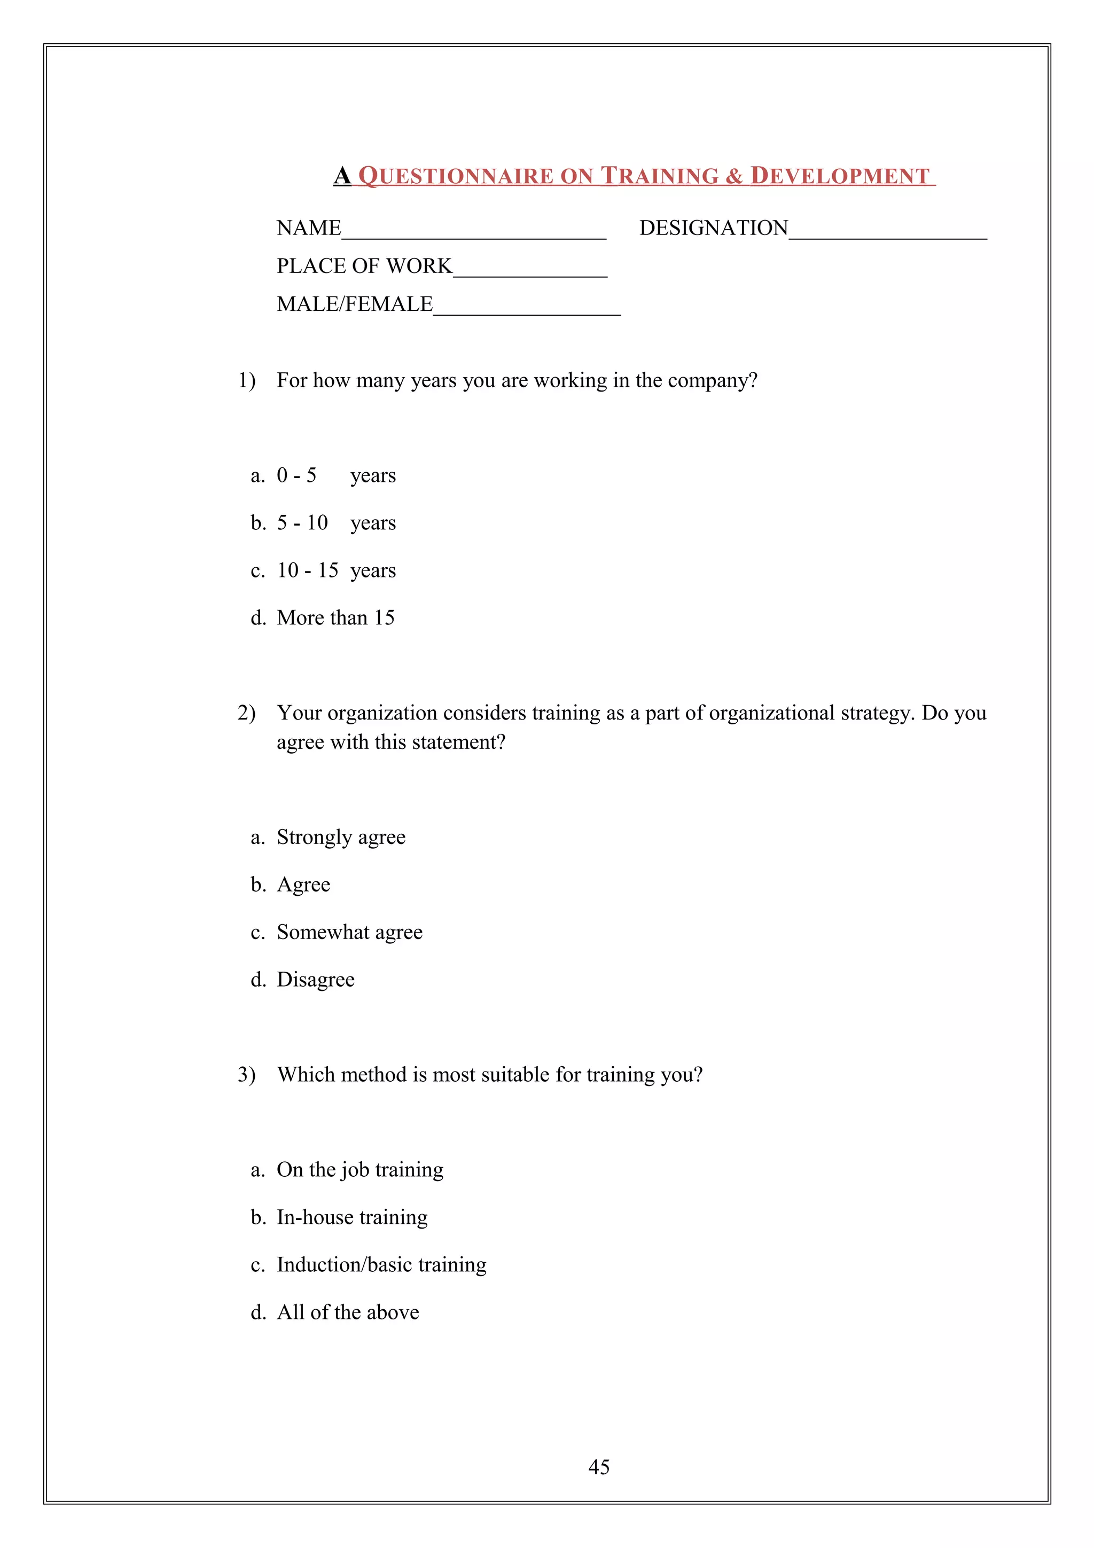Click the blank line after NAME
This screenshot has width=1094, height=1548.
[x=473, y=232]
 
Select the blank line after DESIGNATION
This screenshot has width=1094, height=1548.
[x=887, y=232]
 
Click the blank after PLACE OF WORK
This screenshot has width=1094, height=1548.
[x=530, y=270]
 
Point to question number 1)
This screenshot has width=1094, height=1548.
[x=247, y=381]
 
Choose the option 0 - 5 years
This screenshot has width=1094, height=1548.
[x=335, y=476]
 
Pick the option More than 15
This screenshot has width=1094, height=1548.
[x=335, y=618]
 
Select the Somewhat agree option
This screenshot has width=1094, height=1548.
[x=349, y=933]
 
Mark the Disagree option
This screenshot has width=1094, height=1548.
[x=316, y=980]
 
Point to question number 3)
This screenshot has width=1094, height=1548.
[x=247, y=1075]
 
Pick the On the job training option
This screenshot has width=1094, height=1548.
[x=360, y=1170]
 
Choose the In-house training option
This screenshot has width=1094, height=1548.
[x=352, y=1218]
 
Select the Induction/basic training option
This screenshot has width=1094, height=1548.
[x=381, y=1265]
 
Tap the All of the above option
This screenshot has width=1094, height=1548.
[x=348, y=1312]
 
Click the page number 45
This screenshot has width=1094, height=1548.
[x=599, y=1467]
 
